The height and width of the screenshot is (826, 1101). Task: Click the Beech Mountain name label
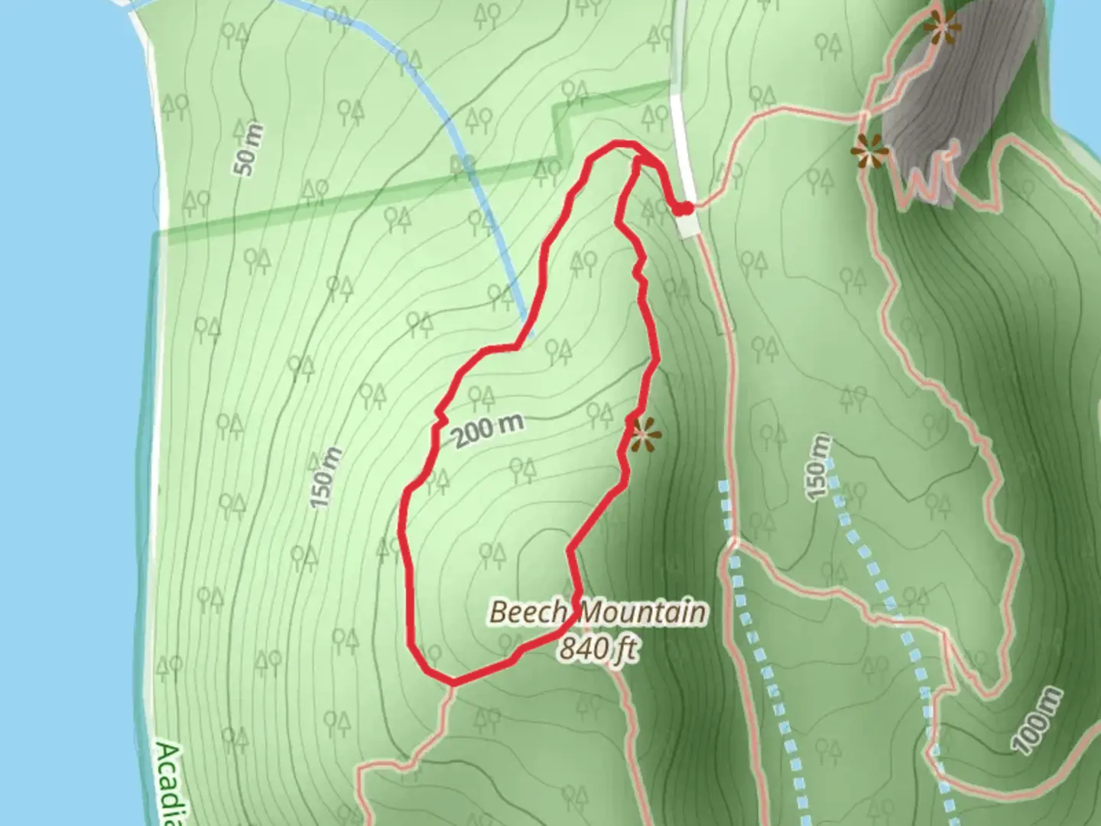(x=597, y=613)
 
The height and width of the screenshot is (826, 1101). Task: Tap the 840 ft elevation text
(x=597, y=649)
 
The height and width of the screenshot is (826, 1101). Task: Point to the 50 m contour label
(x=249, y=149)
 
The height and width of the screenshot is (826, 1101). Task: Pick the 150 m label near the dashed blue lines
(x=819, y=467)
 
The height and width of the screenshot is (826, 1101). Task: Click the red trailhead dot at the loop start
(x=685, y=207)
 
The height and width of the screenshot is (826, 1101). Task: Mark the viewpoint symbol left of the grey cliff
(x=870, y=151)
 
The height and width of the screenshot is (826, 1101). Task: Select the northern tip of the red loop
(x=616, y=143)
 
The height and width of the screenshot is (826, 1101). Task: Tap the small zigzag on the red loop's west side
(x=440, y=418)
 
